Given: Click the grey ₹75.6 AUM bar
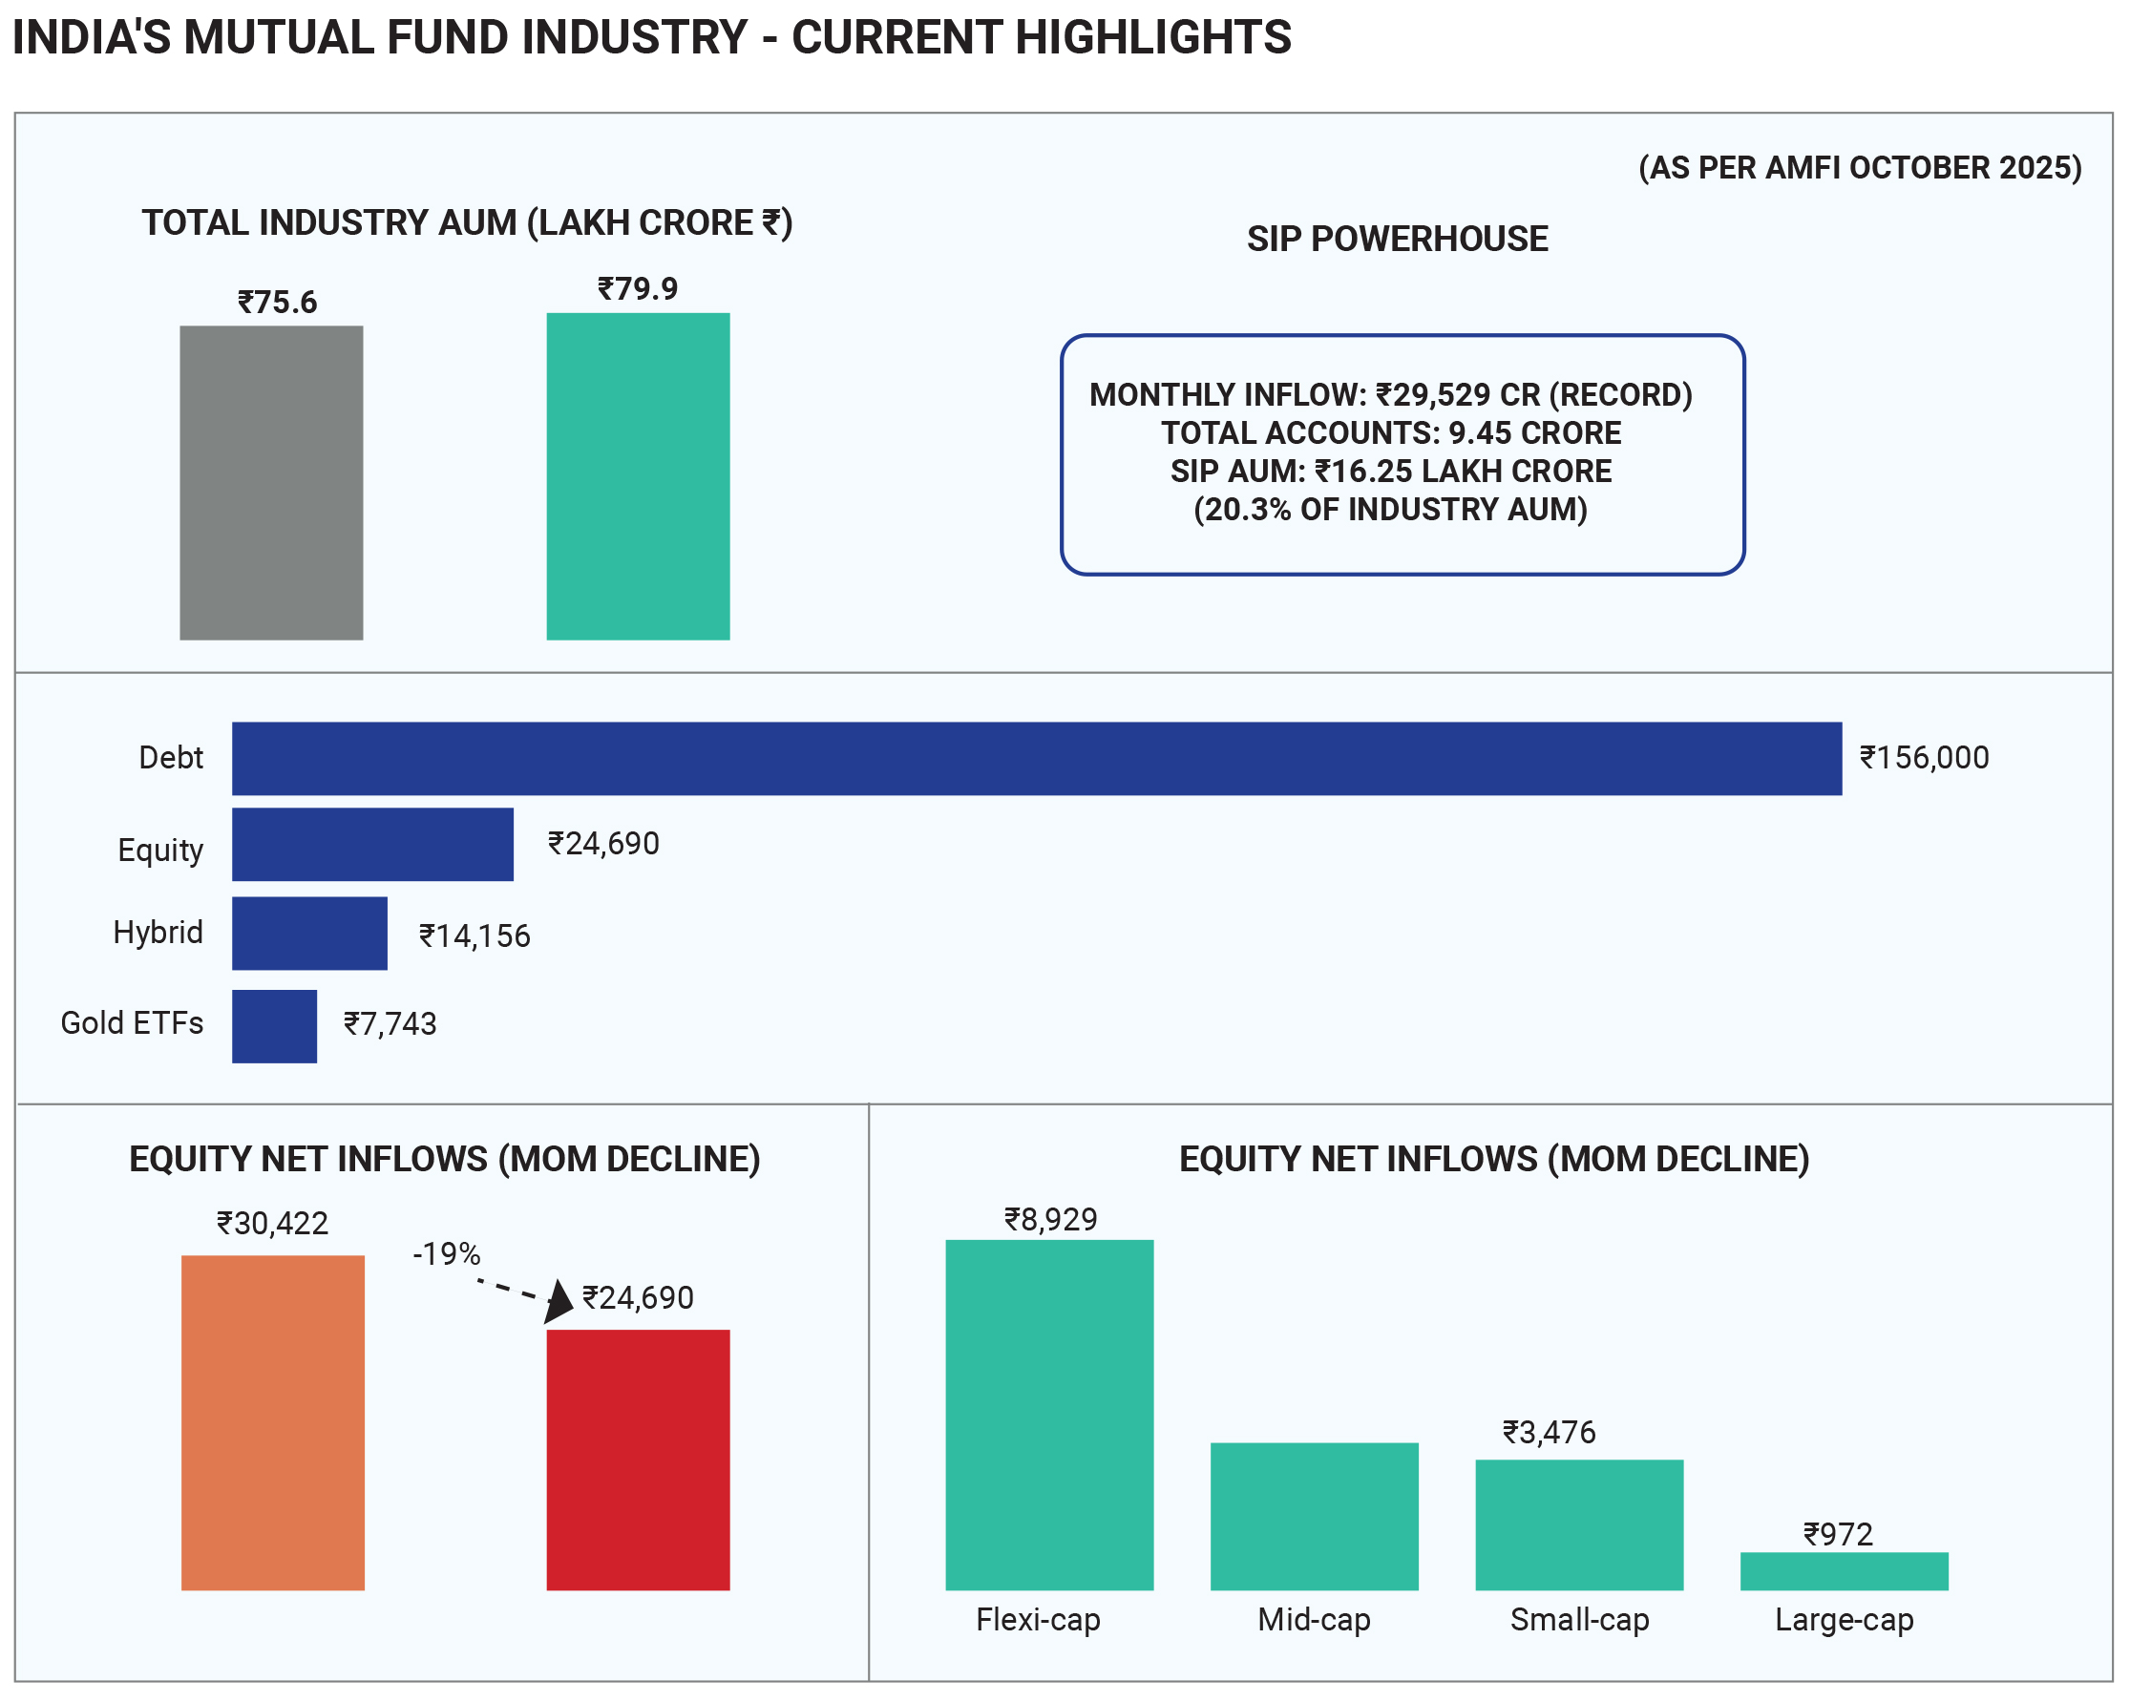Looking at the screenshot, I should coord(271,482).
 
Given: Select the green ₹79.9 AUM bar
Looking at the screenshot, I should coord(637,476).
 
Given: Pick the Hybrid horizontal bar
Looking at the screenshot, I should coord(309,933).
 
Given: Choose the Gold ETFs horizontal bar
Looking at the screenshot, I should coord(274,1025).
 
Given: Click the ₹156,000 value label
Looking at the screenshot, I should coord(1924,758).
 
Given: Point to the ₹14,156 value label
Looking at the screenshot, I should coord(475,935).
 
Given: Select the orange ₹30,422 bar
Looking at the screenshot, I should coord(273,1421).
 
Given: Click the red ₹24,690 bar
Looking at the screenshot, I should coord(637,1459).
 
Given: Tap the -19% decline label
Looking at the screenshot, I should coord(447,1253).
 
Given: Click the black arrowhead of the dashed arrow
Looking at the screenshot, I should coord(559,1300).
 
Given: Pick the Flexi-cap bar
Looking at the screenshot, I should coord(1048,1414).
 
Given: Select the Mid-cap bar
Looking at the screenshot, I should coord(1313,1515).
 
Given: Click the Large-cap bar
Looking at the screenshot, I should coord(1843,1570).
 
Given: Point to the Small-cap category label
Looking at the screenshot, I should coord(1579,1619).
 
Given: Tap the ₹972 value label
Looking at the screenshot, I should coord(1838,1534).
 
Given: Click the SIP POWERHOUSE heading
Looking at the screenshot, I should coord(1396,239).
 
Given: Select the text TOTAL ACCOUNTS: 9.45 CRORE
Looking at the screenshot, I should coord(1390,432).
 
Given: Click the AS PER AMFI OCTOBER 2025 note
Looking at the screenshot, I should coord(1859,168).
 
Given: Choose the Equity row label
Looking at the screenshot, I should coord(160,850).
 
